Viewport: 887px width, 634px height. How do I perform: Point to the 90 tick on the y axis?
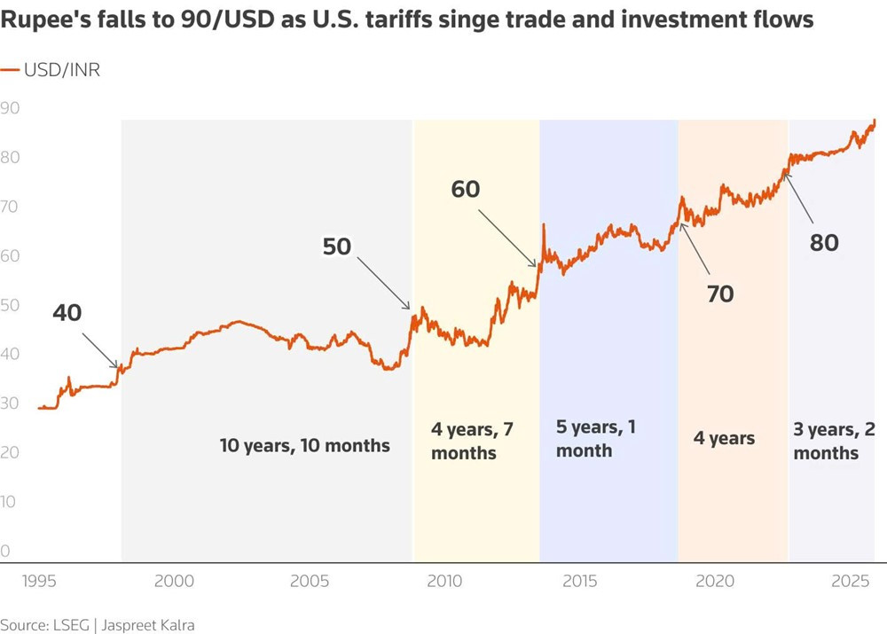[x=11, y=108]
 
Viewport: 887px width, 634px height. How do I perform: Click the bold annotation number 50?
[x=337, y=247]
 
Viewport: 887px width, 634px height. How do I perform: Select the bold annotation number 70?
[x=720, y=294]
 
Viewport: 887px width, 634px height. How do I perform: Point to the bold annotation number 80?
[x=824, y=242]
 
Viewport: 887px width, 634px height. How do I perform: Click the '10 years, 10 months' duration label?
[x=305, y=445]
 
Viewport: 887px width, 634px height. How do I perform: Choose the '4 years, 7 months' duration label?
[x=471, y=441]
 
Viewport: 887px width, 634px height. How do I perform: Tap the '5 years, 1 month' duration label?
[x=595, y=438]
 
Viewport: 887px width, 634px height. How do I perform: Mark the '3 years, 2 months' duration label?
[x=834, y=441]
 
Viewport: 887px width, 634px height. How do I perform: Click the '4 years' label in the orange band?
[x=724, y=438]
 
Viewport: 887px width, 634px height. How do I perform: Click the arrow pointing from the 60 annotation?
[x=508, y=237]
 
